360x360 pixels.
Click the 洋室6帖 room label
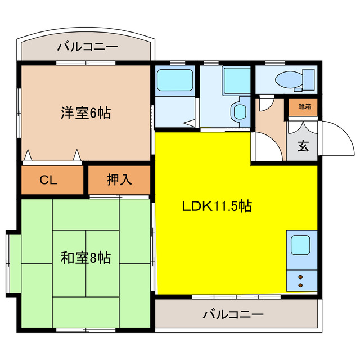pyautogui.click(x=85, y=112)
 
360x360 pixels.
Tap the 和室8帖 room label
pyautogui.click(x=85, y=258)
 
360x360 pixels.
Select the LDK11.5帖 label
pyautogui.click(x=216, y=206)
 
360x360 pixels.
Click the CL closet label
pyautogui.click(x=48, y=180)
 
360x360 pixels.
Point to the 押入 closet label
pyautogui.click(x=119, y=180)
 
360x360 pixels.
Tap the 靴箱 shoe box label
pyautogui.click(x=304, y=105)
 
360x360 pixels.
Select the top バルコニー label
pyautogui.click(x=87, y=47)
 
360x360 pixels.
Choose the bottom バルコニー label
pyautogui.click(x=233, y=314)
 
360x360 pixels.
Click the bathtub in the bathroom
pyautogui.click(x=174, y=80)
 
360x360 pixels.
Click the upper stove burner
pyautogui.click(x=300, y=276)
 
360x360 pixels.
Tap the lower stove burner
pyautogui.click(x=300, y=285)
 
